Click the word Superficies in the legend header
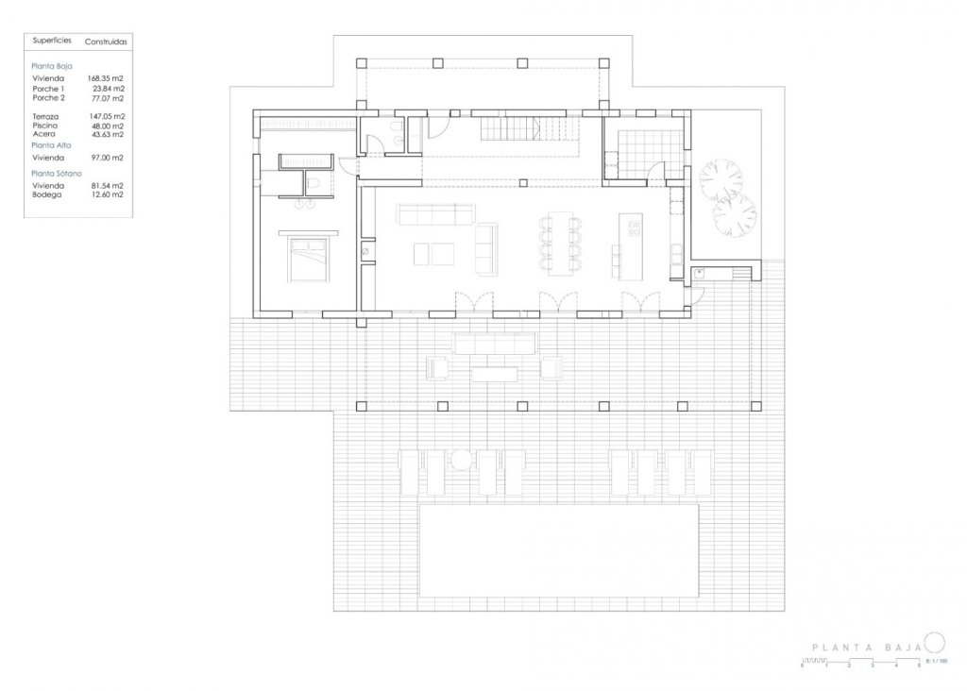[x=51, y=42]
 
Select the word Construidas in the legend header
[x=106, y=42]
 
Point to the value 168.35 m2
[x=107, y=79]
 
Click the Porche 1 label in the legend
[x=48, y=89]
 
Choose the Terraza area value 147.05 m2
[x=107, y=115]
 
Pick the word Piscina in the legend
[x=45, y=125]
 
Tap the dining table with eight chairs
[x=560, y=244]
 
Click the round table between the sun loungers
[x=460, y=461]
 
